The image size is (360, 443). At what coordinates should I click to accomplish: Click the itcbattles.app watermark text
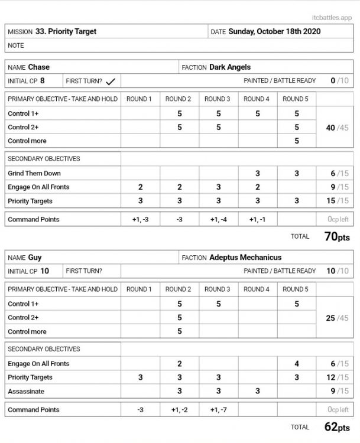click(335, 18)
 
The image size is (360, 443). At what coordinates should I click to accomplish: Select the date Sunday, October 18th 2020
click(274, 31)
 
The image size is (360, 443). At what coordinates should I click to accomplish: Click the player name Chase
click(38, 67)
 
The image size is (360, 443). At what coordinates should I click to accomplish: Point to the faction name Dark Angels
click(231, 67)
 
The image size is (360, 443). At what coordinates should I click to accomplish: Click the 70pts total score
click(338, 237)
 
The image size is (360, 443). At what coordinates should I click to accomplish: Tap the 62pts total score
click(338, 427)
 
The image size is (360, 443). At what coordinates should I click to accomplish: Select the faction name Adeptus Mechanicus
click(245, 258)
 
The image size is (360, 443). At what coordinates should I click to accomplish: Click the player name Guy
click(35, 258)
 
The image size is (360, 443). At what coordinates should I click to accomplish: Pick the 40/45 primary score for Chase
click(338, 127)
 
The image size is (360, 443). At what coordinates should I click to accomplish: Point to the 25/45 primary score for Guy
click(338, 318)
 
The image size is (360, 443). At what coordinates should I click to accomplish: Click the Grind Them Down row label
click(34, 174)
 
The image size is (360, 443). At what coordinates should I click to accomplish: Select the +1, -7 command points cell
click(218, 409)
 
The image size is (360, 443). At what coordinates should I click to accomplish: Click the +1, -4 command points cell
click(218, 219)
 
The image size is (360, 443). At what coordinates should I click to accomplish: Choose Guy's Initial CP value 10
click(45, 271)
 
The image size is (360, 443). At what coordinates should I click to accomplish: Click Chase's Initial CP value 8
click(43, 81)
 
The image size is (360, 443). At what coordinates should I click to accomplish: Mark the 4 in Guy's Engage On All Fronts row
click(297, 364)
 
